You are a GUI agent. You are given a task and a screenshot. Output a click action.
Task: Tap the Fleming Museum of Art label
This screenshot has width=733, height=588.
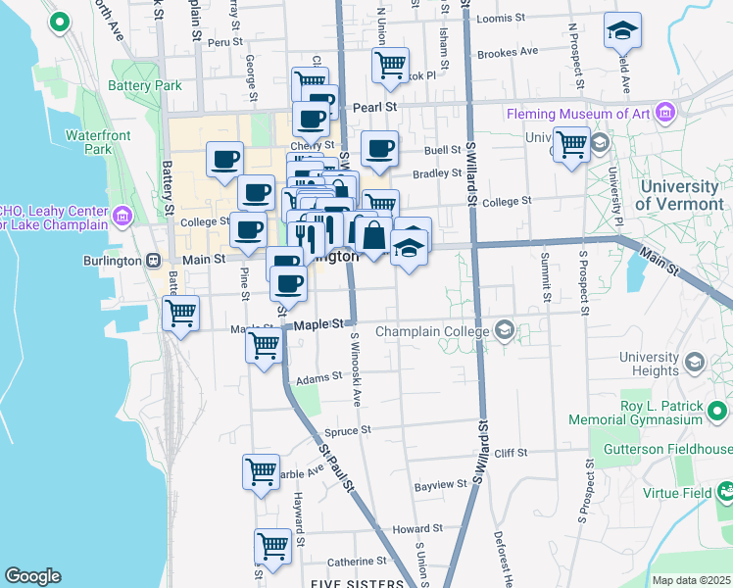click(578, 114)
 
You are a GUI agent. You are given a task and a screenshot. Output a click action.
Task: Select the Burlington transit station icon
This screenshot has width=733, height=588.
click(153, 261)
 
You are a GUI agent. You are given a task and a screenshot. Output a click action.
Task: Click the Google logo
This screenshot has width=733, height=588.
click(32, 576)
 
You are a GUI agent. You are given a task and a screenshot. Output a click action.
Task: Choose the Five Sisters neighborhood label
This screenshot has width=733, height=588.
click(357, 584)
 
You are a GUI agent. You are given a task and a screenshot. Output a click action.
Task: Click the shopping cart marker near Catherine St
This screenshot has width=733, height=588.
click(272, 545)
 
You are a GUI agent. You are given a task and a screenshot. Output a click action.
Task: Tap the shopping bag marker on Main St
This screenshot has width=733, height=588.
click(373, 235)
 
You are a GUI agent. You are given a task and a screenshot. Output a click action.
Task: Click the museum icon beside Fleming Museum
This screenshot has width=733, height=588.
click(666, 114)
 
